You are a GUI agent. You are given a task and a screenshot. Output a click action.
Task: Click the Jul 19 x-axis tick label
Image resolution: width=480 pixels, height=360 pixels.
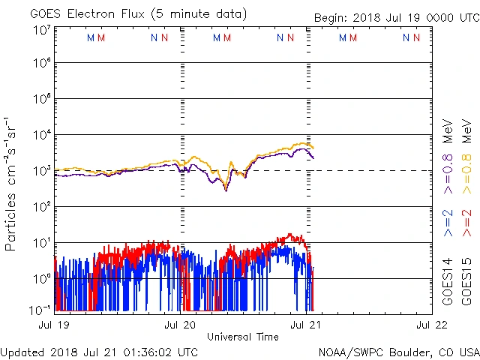[x=55, y=325]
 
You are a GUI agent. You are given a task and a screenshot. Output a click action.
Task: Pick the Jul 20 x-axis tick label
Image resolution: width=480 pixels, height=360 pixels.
[x=180, y=325]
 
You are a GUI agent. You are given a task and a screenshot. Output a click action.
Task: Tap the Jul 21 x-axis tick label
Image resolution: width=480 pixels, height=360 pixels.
[x=306, y=325]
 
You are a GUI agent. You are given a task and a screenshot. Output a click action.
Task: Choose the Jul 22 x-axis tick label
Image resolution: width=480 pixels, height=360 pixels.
[x=431, y=325]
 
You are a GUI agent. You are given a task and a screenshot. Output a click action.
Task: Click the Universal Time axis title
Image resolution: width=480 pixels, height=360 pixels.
[x=243, y=337]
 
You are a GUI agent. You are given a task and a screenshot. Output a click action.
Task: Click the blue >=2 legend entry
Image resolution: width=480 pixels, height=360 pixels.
[x=447, y=223]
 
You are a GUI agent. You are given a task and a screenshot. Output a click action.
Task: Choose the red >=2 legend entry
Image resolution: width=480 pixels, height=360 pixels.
[x=466, y=223]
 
